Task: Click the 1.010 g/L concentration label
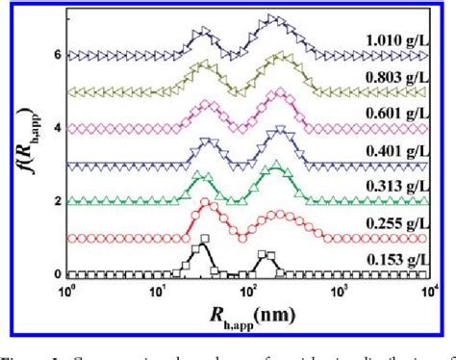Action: (392, 40)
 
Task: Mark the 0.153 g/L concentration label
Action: (392, 257)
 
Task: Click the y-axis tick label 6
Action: (58, 56)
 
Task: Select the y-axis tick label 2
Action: (58, 201)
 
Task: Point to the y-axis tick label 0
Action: (58, 273)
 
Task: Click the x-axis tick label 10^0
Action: (67, 289)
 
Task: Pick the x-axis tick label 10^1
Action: (159, 289)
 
